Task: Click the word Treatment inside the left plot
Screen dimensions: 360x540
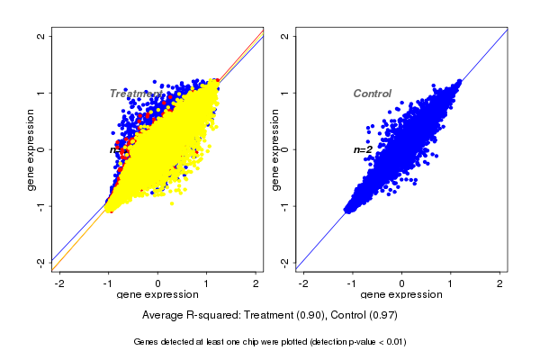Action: pos(136,94)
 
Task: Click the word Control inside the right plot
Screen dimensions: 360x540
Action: pos(372,94)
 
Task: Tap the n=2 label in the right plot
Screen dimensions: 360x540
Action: pos(363,149)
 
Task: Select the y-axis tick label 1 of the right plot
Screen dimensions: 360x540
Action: pos(284,93)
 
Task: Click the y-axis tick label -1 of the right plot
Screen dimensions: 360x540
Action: pos(284,205)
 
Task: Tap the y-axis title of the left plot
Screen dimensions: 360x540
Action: pos(31,149)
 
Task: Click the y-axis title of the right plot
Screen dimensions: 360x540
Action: pos(274,149)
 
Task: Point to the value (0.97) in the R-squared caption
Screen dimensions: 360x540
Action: pos(383,316)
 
